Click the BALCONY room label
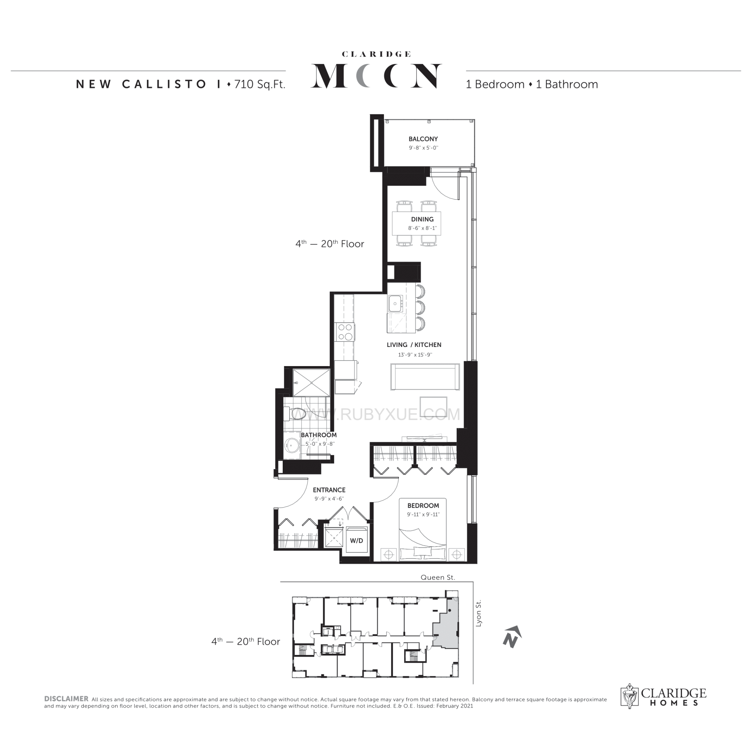423,139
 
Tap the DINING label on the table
422,219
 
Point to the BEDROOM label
423,506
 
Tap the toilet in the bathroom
295,414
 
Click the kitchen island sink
395,304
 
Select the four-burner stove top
345,332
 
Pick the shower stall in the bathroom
311,382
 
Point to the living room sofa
425,376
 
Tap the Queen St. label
438,577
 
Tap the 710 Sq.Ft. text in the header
260,84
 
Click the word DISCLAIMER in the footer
66,699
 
